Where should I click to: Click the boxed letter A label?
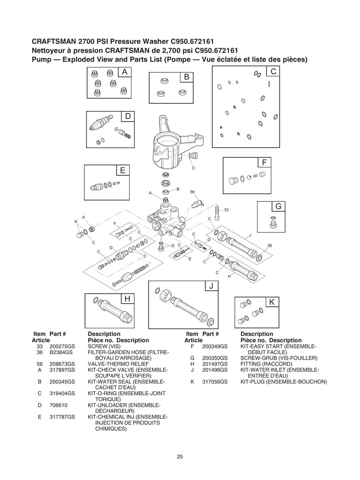click(x=125, y=72)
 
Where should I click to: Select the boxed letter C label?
click(x=273, y=72)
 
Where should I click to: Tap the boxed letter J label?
click(x=211, y=286)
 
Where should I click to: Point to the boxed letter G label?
click(x=278, y=207)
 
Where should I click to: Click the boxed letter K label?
click(x=272, y=302)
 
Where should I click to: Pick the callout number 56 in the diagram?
click(x=192, y=192)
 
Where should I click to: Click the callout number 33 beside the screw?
click(x=226, y=210)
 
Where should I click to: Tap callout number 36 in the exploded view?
click(x=269, y=246)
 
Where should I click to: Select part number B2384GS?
click(x=61, y=352)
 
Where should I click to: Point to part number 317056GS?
click(x=215, y=382)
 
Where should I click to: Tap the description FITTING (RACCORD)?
click(x=266, y=364)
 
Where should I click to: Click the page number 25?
click(x=180, y=457)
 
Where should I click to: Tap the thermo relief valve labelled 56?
click(x=196, y=204)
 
